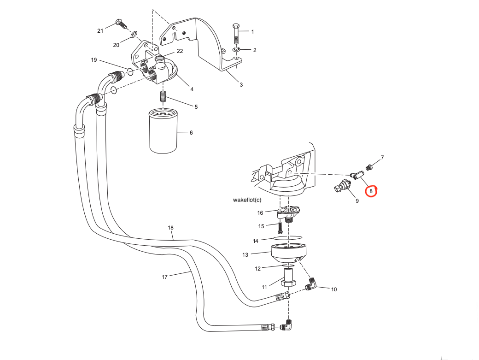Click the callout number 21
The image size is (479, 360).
tap(100, 31)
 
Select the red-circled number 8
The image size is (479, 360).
tap(371, 191)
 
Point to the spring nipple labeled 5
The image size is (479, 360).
tap(162, 97)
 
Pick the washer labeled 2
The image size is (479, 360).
tap(236, 49)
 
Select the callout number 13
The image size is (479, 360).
tap(245, 255)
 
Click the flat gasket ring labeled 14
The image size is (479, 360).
tap(289, 237)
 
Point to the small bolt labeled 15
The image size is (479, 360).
tap(280, 227)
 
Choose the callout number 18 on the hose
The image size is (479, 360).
tap(170, 228)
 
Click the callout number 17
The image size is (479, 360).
tap(164, 277)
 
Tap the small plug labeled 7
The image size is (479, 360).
tap(368, 166)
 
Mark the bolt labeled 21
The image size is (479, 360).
tap(120, 22)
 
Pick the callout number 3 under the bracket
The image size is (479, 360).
tap(241, 84)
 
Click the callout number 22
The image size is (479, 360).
tap(180, 51)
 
